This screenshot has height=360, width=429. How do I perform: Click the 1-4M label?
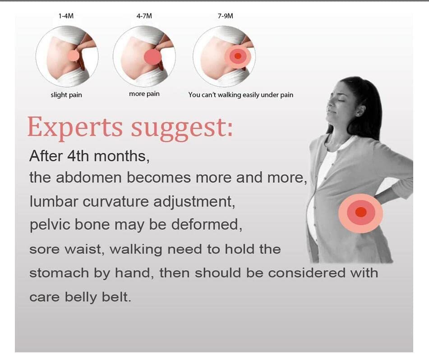pyautogui.click(x=66, y=16)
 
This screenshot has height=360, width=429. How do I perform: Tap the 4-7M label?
pyautogui.click(x=144, y=16)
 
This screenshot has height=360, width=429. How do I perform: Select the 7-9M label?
pyautogui.click(x=226, y=16)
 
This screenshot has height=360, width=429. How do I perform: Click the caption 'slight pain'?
pyautogui.click(x=66, y=95)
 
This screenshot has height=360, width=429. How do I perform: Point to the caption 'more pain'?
pyautogui.click(x=144, y=94)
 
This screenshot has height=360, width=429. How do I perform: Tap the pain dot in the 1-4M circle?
pyautogui.click(x=74, y=55)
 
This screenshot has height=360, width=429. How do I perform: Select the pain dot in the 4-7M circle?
pyautogui.click(x=152, y=57)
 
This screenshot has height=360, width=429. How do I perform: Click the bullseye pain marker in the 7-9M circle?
pyautogui.click(x=238, y=57)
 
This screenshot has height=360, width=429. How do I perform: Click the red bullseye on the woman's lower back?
pyautogui.click(x=360, y=212)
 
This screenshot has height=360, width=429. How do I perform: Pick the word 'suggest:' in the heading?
pyautogui.click(x=182, y=128)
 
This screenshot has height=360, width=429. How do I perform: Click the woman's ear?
pyautogui.click(x=360, y=111)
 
